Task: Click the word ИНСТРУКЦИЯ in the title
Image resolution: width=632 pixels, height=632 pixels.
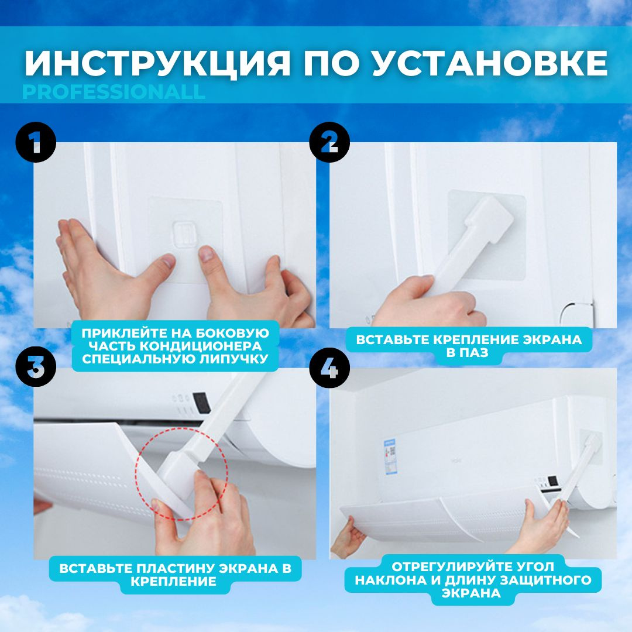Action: pyautogui.click(x=157, y=63)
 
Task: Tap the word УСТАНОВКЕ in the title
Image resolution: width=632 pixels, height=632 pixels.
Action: pyautogui.click(x=490, y=63)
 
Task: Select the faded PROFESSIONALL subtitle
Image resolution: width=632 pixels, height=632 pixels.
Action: pyautogui.click(x=114, y=92)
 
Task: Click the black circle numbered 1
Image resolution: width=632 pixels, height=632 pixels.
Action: pyautogui.click(x=36, y=142)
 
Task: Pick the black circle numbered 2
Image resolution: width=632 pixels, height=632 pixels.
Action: pyautogui.click(x=329, y=142)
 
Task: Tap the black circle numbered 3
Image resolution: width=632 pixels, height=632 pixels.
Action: pyautogui.click(x=36, y=366)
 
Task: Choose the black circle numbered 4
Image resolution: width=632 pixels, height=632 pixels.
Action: pyautogui.click(x=329, y=368)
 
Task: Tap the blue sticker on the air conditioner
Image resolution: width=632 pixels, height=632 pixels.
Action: pyautogui.click(x=390, y=456)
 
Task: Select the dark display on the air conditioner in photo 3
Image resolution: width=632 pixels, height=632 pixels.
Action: pyautogui.click(x=201, y=403)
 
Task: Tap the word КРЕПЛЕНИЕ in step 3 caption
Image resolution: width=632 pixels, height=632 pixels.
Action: pyautogui.click(x=173, y=581)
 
